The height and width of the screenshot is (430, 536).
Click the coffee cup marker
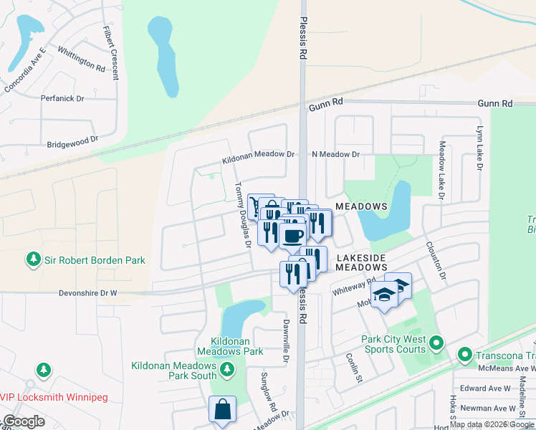(292, 236)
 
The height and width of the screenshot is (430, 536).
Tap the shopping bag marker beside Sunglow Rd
(222, 409)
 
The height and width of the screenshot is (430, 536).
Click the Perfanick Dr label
(62, 98)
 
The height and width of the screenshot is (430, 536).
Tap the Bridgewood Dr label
(72, 142)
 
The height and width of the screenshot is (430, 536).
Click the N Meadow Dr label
(335, 154)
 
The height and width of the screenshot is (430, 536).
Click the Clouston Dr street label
(438, 261)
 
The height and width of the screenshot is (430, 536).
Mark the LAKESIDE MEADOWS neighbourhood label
(361, 262)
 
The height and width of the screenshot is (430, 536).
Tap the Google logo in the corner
(24, 421)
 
